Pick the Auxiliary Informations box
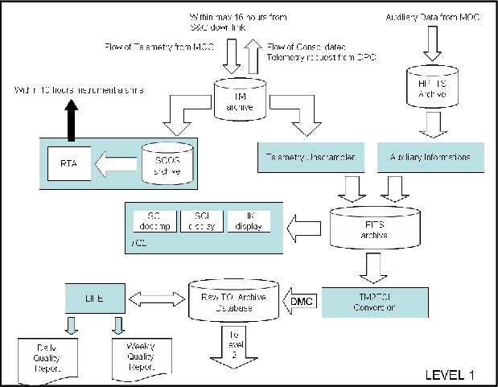pyautogui.click(x=430, y=157)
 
